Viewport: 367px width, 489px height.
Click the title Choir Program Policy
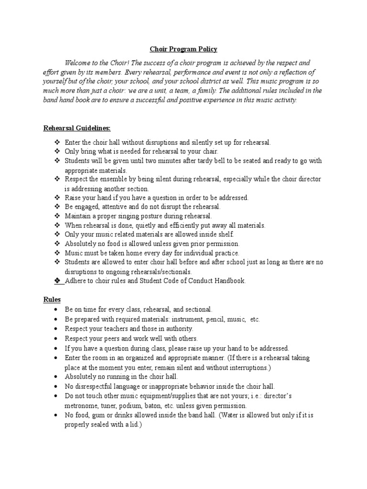[x=184, y=49]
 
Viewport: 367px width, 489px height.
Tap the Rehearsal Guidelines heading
[x=77, y=128]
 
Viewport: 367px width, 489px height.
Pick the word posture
[x=157, y=216]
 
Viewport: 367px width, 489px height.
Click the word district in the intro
[x=201, y=81]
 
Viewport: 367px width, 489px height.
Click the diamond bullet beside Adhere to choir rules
[x=57, y=280]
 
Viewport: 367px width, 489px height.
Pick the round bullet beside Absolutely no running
[x=56, y=377]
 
